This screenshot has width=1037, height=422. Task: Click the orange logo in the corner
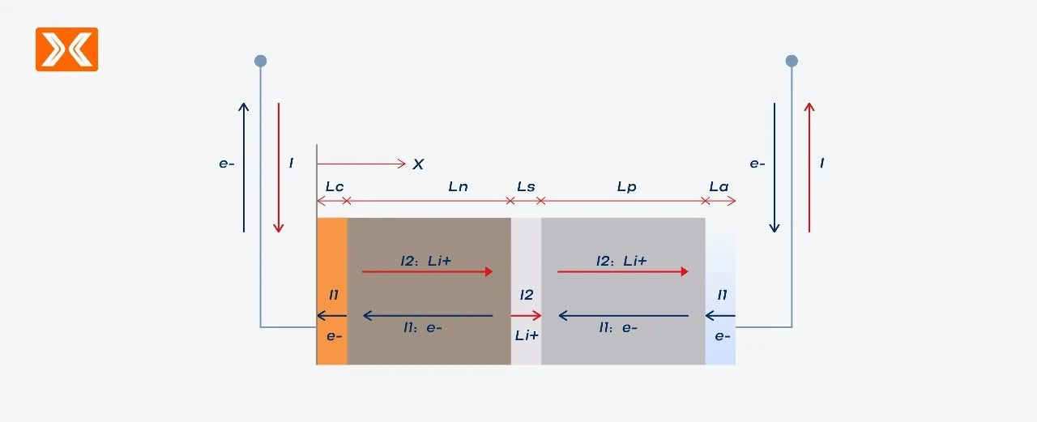(66, 49)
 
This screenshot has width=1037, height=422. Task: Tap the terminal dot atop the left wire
(261, 61)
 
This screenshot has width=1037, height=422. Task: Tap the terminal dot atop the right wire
(792, 61)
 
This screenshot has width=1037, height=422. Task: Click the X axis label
(418, 164)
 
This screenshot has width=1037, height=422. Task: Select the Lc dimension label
(335, 186)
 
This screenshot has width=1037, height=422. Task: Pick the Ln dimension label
(458, 186)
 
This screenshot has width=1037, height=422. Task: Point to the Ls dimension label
(526, 186)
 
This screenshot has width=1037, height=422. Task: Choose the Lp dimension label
(626, 187)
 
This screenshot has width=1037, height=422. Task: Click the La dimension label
(719, 186)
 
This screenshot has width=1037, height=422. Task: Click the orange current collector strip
(332, 291)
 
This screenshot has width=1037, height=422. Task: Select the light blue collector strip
(720, 291)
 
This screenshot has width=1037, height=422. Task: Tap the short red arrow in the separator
(526, 316)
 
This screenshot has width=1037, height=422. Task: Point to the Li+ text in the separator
(527, 335)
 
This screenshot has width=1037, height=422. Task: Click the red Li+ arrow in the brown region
(427, 271)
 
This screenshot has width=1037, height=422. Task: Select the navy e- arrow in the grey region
(624, 316)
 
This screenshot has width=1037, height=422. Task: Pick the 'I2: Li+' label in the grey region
(621, 261)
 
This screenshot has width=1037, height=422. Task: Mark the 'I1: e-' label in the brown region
(422, 328)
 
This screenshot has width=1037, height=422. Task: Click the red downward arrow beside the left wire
(278, 168)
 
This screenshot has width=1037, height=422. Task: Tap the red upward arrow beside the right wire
(809, 168)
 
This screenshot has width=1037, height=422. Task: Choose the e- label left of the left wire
(226, 164)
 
